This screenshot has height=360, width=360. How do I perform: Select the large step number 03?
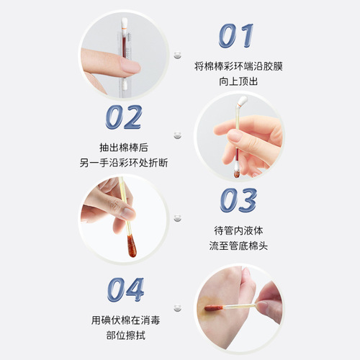237,201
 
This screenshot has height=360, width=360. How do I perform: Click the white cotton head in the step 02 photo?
243,103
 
